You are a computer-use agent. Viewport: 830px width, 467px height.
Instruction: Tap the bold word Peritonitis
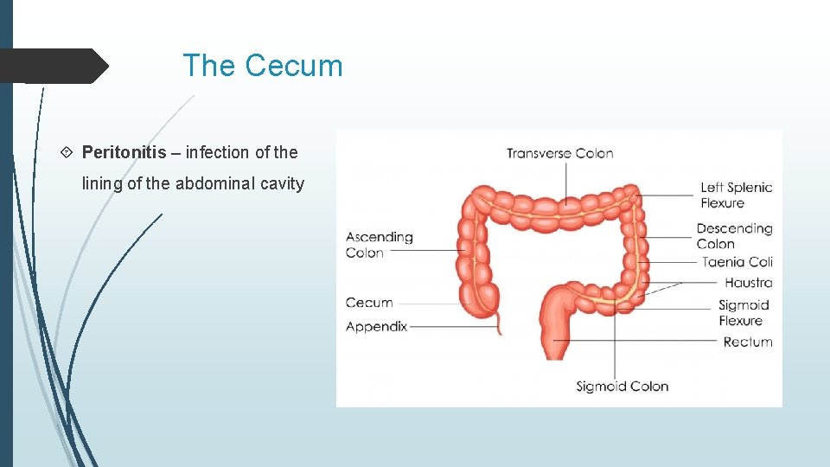(124, 153)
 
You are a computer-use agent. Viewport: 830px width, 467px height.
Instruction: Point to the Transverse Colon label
(559, 154)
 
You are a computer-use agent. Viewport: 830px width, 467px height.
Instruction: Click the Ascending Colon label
(379, 245)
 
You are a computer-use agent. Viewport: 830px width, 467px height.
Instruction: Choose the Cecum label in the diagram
(369, 303)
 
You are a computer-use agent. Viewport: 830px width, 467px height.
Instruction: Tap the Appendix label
(376, 327)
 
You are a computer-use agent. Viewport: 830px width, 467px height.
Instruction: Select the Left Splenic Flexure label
(736, 195)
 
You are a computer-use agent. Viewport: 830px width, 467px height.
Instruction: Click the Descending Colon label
(734, 236)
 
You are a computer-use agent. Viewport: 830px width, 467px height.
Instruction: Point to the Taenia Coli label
(737, 262)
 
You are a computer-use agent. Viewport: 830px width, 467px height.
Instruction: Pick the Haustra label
(748, 283)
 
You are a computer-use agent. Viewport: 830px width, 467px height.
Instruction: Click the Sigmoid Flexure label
(743, 312)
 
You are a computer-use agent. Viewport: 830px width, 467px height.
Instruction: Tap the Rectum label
(747, 342)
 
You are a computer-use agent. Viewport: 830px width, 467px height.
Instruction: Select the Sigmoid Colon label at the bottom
(622, 387)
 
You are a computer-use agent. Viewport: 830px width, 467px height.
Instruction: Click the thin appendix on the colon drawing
(499, 323)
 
